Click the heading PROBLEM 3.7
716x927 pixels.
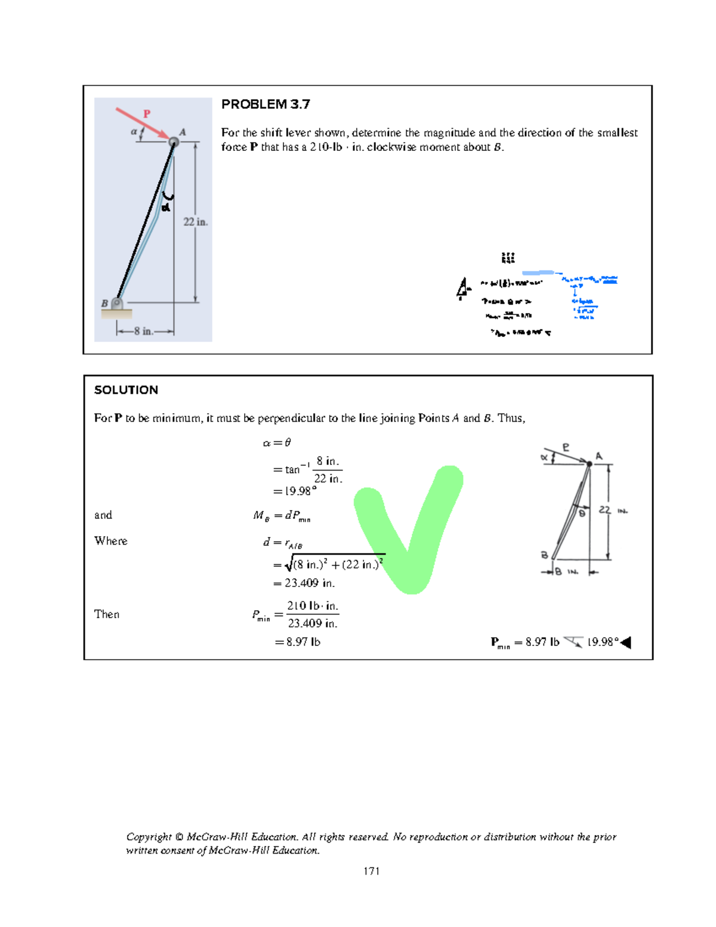(266, 104)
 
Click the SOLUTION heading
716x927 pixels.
(126, 390)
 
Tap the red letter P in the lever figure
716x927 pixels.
(146, 113)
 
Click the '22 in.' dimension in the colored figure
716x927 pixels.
(195, 222)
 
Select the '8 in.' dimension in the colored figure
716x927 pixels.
(144, 331)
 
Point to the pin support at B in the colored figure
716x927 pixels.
(117, 304)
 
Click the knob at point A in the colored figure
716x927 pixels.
(174, 142)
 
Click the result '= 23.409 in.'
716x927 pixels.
(304, 583)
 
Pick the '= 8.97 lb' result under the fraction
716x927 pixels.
(298, 642)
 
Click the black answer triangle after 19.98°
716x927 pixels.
(626, 642)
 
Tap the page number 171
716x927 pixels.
(371, 871)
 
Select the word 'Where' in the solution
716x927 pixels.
(111, 541)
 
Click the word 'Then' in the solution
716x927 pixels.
(107, 614)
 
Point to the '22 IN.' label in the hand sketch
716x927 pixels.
(613, 511)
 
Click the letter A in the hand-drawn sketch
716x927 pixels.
(599, 456)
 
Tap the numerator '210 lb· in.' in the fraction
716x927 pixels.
(313, 606)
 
